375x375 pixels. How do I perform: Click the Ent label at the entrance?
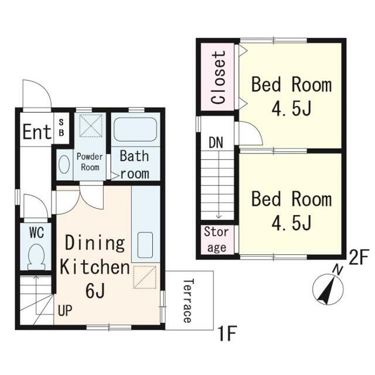coord(37,131)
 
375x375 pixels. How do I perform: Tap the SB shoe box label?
coord(62,128)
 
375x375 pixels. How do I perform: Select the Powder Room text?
coord(90,162)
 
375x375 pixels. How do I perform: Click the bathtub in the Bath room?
coord(135,129)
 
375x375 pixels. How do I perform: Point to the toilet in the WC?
coord(36,257)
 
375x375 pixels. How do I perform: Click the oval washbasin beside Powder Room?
coord(64,164)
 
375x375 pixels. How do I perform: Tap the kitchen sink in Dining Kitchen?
coord(145,245)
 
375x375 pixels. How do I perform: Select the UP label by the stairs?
coord(65,311)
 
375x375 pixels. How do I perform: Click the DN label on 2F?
coord(216,143)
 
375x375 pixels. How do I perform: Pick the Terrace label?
coord(187,301)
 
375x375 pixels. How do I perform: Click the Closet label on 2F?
coord(219,77)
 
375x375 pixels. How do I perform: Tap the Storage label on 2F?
coord(216,240)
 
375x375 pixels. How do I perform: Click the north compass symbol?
coord(328,288)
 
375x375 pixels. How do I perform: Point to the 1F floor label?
coord(227,334)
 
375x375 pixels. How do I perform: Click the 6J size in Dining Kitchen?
coord(95,291)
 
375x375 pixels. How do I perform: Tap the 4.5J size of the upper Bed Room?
coord(291,108)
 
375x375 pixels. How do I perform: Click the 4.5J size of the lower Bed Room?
coord(291,223)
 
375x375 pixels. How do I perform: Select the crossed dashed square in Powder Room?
coord(91,125)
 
